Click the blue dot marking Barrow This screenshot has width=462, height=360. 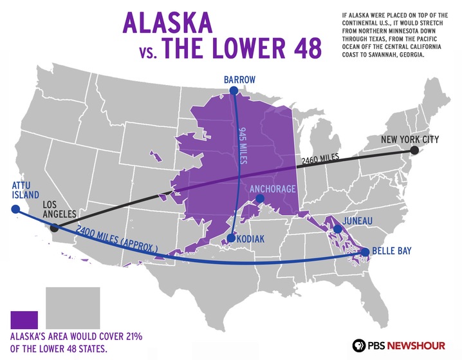click(234, 91)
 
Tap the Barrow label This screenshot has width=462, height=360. click(239, 80)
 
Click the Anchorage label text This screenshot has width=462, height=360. click(272, 189)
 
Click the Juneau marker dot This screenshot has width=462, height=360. click(337, 229)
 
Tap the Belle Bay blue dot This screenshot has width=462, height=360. click(365, 252)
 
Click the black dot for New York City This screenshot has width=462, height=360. click(415, 150)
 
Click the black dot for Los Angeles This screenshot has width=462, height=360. click(55, 227)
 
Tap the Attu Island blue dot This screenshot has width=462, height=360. click(14, 209)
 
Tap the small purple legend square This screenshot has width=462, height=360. click(24, 319)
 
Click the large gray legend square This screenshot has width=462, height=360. click(73, 308)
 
